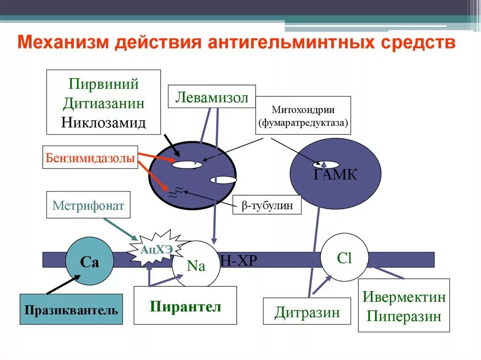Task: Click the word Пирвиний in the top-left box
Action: (x=103, y=84)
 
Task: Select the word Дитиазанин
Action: (x=103, y=103)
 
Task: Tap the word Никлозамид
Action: (x=103, y=123)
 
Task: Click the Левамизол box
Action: (x=211, y=97)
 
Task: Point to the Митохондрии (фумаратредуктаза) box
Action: (x=303, y=115)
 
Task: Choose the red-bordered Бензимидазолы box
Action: (x=91, y=157)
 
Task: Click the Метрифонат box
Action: (x=88, y=205)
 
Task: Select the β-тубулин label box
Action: (x=267, y=205)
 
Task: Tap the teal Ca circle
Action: (x=89, y=262)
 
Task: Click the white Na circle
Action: (x=196, y=265)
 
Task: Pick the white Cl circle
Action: (x=344, y=258)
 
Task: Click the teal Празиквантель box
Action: (x=71, y=309)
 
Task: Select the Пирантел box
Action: (x=185, y=306)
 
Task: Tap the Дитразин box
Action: (x=307, y=311)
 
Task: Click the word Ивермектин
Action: (x=403, y=297)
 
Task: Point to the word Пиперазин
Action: (x=403, y=316)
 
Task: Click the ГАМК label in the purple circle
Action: (x=335, y=175)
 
